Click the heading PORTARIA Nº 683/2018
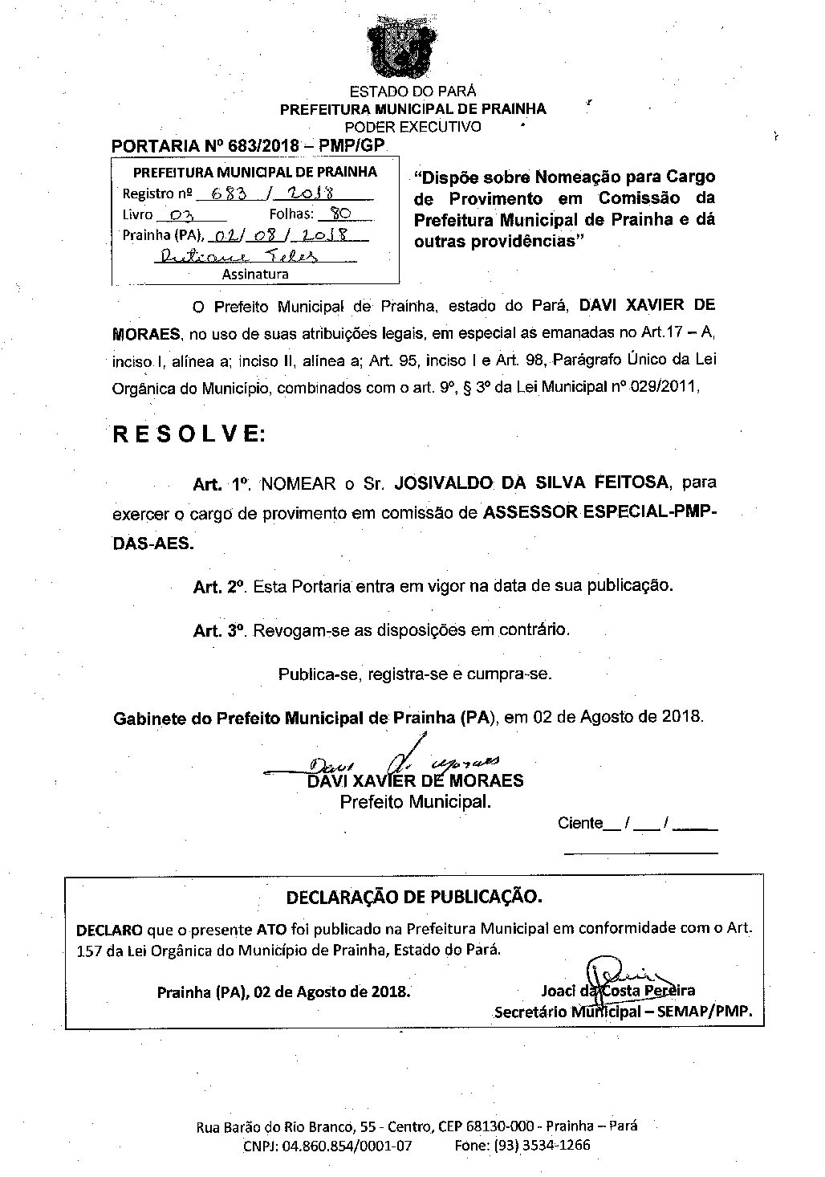[248, 146]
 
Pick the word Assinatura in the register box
[255, 274]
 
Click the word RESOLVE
[189, 434]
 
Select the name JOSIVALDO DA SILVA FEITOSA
[533, 483]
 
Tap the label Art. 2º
[218, 587]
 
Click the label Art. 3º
[218, 631]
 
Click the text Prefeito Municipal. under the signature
[416, 801]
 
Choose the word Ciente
[579, 823]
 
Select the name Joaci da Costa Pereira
[618, 991]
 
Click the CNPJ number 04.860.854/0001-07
[347, 1146]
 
